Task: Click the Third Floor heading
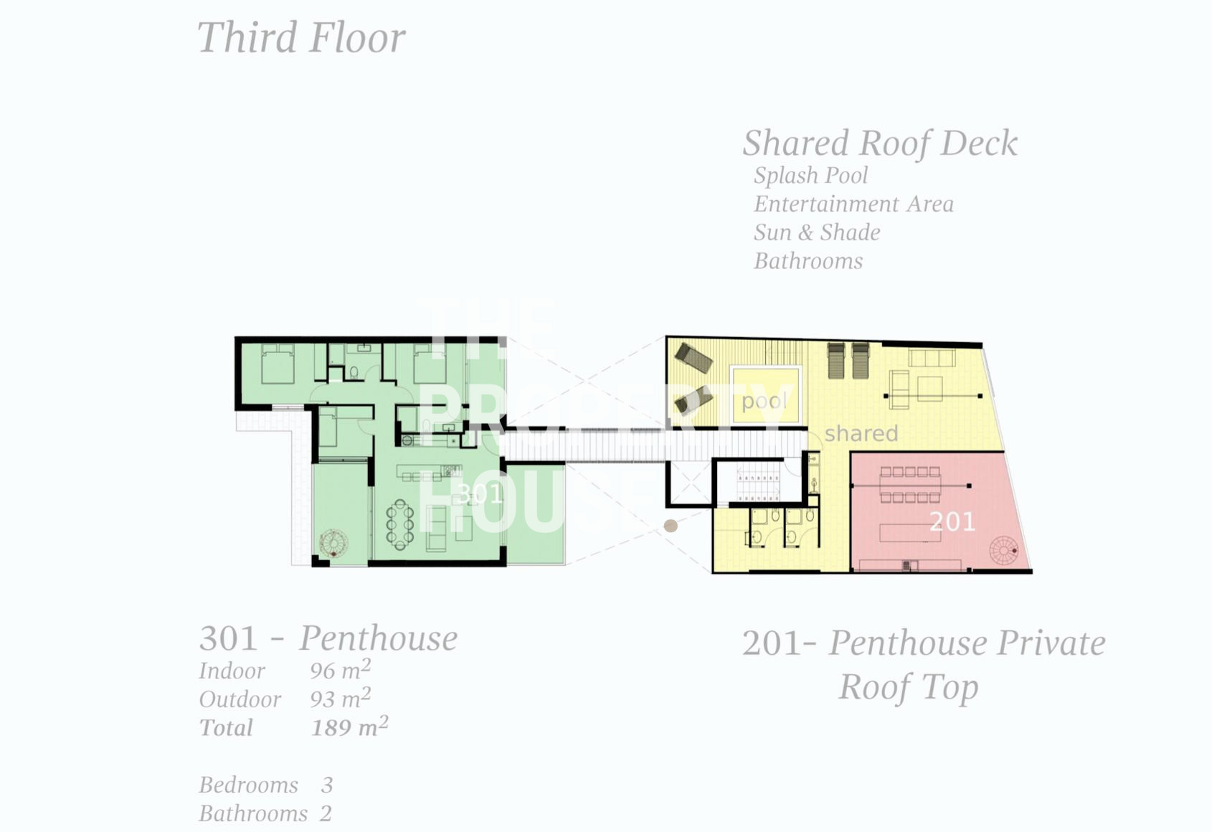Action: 301,37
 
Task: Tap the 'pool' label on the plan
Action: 764,402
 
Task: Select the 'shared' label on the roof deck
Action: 861,433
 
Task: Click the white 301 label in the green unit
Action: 480,493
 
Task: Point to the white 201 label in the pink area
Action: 952,521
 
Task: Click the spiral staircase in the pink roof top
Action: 1004,551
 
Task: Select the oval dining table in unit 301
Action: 400,525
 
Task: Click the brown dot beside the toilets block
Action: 671,525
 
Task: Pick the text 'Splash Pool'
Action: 810,175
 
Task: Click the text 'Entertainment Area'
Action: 853,204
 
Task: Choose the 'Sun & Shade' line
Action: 817,232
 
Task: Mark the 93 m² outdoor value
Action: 341,698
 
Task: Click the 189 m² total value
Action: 349,727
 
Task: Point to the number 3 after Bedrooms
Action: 327,785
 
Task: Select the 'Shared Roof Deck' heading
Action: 880,143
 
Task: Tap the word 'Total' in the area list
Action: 226,728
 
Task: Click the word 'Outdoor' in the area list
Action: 240,699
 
